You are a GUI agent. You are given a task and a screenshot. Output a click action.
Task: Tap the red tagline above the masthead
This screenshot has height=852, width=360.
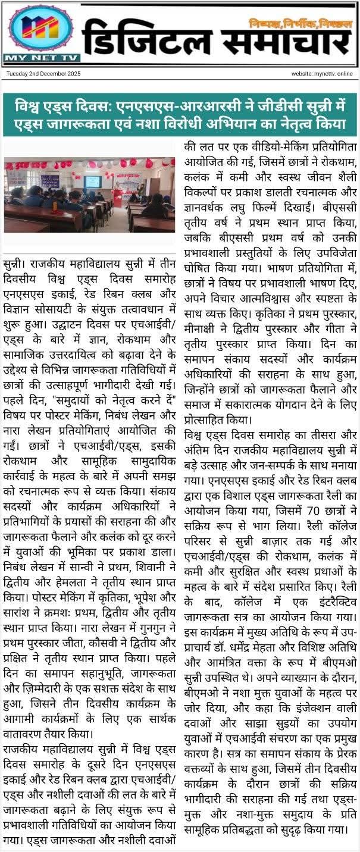(300, 23)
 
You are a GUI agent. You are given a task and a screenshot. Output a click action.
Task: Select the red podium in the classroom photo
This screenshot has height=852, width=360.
(118, 196)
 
